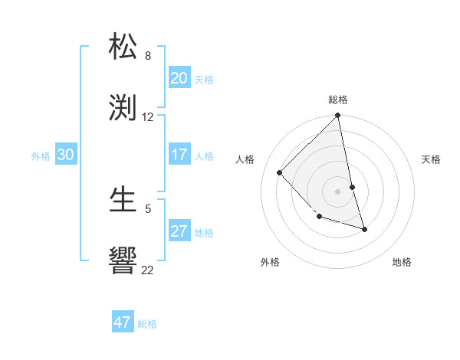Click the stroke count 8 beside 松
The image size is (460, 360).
[x=148, y=56]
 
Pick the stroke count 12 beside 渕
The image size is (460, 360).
[x=148, y=117]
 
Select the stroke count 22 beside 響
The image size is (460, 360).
[x=148, y=270]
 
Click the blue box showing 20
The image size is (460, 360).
[x=179, y=78]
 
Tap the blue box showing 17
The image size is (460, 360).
[x=179, y=155]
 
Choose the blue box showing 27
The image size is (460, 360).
[x=179, y=231]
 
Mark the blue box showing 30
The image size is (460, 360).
[x=65, y=155]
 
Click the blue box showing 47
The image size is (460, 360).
[x=122, y=322]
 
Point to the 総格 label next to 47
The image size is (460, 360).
[x=147, y=324]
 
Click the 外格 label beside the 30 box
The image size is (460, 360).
[x=41, y=156]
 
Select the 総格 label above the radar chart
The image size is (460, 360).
[x=338, y=100]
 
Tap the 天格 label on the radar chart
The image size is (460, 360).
[x=431, y=159]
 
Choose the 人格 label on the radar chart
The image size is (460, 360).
[x=245, y=159]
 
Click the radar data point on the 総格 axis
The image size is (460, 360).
[x=338, y=116]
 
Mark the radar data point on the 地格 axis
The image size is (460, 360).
[x=364, y=229]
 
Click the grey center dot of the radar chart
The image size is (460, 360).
[x=338, y=191]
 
